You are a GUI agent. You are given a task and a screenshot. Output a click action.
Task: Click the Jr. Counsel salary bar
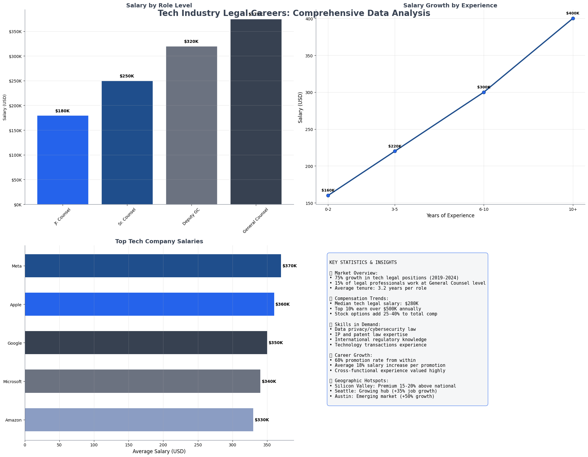coord(63,160)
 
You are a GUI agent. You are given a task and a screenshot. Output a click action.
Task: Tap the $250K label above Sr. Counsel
coord(127,76)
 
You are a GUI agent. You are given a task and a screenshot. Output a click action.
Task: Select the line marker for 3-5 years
coord(395,151)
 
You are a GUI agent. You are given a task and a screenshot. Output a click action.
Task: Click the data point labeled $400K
coord(573,18)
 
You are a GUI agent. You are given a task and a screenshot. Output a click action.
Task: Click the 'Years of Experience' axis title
coord(450,215)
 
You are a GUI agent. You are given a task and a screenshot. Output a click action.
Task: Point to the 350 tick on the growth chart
coord(309,56)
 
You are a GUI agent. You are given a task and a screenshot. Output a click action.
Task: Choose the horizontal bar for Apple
coord(149,304)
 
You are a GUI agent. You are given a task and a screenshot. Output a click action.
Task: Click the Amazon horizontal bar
coord(139,420)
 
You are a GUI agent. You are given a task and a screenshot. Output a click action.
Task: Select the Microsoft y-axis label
coord(12,382)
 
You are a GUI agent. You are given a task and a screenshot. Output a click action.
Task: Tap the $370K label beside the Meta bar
coord(290,266)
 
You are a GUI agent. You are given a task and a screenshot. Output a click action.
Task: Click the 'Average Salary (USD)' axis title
coord(159,451)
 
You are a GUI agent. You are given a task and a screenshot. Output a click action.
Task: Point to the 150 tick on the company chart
coord(129,444)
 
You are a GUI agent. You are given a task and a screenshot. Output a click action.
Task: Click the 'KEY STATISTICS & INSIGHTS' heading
coord(363,262)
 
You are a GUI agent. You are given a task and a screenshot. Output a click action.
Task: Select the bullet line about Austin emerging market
coord(382,396)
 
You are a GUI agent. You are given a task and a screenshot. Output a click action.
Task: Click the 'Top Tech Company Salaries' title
coord(159,241)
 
